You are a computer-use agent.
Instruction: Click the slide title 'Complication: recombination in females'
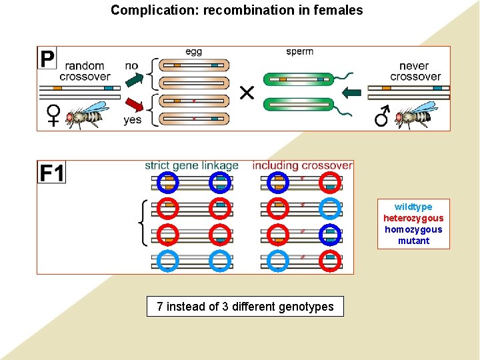(x=237, y=10)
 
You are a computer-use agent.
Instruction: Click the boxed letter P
(x=47, y=59)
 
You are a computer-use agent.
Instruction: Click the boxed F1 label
(x=52, y=173)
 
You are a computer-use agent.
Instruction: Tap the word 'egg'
(x=193, y=52)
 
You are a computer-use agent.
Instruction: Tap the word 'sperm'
(x=299, y=52)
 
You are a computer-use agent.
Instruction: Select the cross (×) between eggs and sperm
(x=247, y=93)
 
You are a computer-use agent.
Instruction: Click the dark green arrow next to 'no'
(x=134, y=79)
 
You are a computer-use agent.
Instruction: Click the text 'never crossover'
(x=415, y=71)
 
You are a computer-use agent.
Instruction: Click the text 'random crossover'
(x=85, y=71)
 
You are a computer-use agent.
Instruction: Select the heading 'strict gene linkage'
(x=191, y=165)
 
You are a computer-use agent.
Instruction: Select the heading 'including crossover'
(x=303, y=165)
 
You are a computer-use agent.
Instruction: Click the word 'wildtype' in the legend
(x=413, y=207)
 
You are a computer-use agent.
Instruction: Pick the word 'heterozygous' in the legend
(x=413, y=218)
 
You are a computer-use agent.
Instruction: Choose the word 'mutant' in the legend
(x=413, y=241)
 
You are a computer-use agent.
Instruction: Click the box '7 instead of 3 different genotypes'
(x=245, y=307)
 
